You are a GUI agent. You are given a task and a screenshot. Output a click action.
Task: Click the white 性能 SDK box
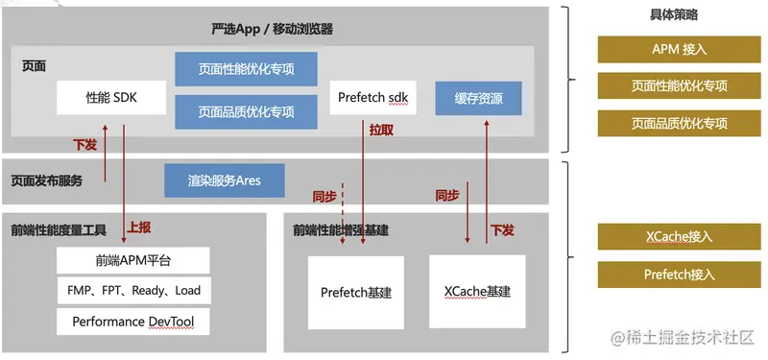(111, 98)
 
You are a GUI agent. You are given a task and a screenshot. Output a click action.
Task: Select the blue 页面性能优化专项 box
(246, 68)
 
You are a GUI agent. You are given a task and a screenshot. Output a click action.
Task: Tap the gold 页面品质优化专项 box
(679, 123)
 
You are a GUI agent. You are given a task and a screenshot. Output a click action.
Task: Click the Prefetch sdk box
(373, 98)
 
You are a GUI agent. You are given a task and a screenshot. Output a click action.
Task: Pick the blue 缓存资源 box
(477, 99)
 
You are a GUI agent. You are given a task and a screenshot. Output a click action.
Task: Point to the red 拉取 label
(381, 130)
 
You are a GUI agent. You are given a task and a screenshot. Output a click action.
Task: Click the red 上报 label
(139, 228)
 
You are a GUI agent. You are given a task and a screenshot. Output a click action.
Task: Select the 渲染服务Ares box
(224, 180)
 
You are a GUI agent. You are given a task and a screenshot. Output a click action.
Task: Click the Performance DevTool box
(133, 322)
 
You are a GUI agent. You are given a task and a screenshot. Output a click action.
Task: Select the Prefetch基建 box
(356, 292)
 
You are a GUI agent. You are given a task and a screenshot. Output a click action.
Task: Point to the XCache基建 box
(478, 290)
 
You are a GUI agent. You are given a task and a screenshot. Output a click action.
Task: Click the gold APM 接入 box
(679, 50)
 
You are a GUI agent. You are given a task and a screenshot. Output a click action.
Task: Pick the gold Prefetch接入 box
(679, 275)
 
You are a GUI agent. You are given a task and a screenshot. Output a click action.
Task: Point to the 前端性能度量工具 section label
(59, 229)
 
